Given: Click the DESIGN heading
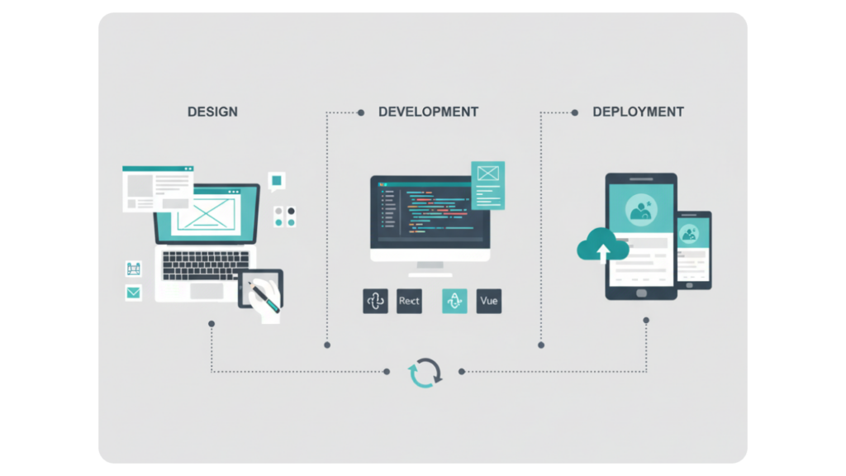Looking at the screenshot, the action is (212, 112).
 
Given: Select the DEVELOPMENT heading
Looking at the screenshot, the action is (429, 112).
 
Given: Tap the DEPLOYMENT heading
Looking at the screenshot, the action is (639, 112).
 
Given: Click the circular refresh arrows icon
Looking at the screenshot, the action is (425, 373).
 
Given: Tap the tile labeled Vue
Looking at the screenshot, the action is (489, 301).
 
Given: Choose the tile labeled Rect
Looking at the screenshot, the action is (409, 301).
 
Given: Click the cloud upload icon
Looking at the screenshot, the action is (602, 245).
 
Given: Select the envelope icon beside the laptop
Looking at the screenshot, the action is (133, 293).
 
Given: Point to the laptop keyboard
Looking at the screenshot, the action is (206, 265).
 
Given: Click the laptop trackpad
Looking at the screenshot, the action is (207, 291).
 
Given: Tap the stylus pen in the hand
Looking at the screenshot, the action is (264, 297).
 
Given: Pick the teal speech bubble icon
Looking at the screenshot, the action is (276, 181).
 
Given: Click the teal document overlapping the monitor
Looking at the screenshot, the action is (487, 185).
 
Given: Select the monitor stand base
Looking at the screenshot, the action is (430, 275).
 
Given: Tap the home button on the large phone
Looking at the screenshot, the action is (641, 293).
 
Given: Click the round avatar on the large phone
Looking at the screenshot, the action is (641, 209).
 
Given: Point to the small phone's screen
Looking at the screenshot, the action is (693, 250).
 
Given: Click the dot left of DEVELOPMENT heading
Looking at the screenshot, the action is (361, 112).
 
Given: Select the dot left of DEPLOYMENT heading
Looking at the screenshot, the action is (575, 112).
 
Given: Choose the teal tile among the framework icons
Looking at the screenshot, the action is (454, 301).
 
